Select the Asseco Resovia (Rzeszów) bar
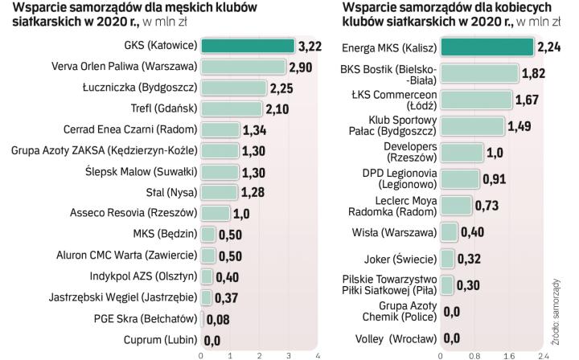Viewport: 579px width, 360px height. point(215,214)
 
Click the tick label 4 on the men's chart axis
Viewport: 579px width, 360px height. point(318,354)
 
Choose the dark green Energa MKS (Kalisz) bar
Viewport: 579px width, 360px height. point(487,47)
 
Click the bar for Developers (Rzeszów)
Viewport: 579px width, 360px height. point(462,152)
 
